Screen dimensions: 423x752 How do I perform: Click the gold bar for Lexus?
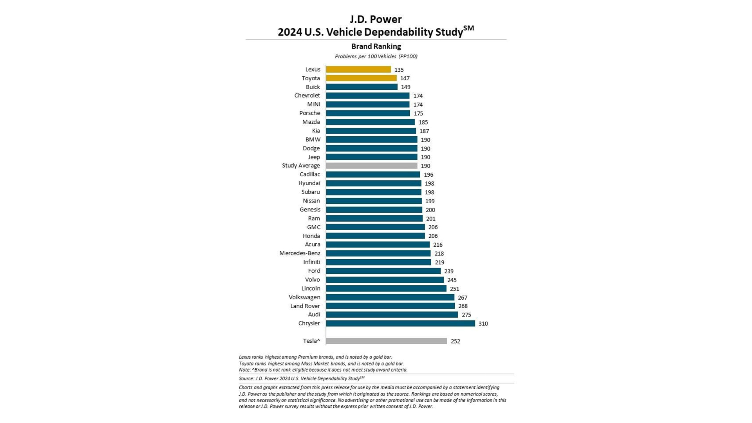coord(358,69)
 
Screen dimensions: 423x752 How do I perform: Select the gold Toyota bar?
coord(361,78)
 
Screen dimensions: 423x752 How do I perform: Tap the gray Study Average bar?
coord(371,166)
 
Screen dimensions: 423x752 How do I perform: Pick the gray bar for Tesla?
coord(386,341)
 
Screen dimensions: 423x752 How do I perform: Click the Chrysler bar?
coord(400,324)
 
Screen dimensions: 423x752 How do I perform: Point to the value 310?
coord(483,324)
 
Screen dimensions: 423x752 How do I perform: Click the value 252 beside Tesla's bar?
coord(455,342)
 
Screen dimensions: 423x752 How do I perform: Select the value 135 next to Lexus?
coord(399,70)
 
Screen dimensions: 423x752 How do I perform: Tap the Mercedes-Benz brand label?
coord(300,253)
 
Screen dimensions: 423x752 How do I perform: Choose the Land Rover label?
coord(305,306)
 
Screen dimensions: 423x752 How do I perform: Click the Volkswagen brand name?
coord(304,297)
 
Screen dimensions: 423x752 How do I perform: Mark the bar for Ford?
coord(383,271)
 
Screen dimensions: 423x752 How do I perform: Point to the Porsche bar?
coord(368,113)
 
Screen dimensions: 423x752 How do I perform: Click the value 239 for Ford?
coord(448,271)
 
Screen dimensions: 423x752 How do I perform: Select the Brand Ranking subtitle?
coord(376,46)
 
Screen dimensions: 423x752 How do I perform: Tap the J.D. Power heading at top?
coord(376,19)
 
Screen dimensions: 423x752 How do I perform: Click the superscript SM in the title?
coord(468,28)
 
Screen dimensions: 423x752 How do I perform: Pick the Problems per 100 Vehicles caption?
coord(376,56)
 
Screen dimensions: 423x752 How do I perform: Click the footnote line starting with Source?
coord(301,378)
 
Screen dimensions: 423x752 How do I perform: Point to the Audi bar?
coord(392,315)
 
